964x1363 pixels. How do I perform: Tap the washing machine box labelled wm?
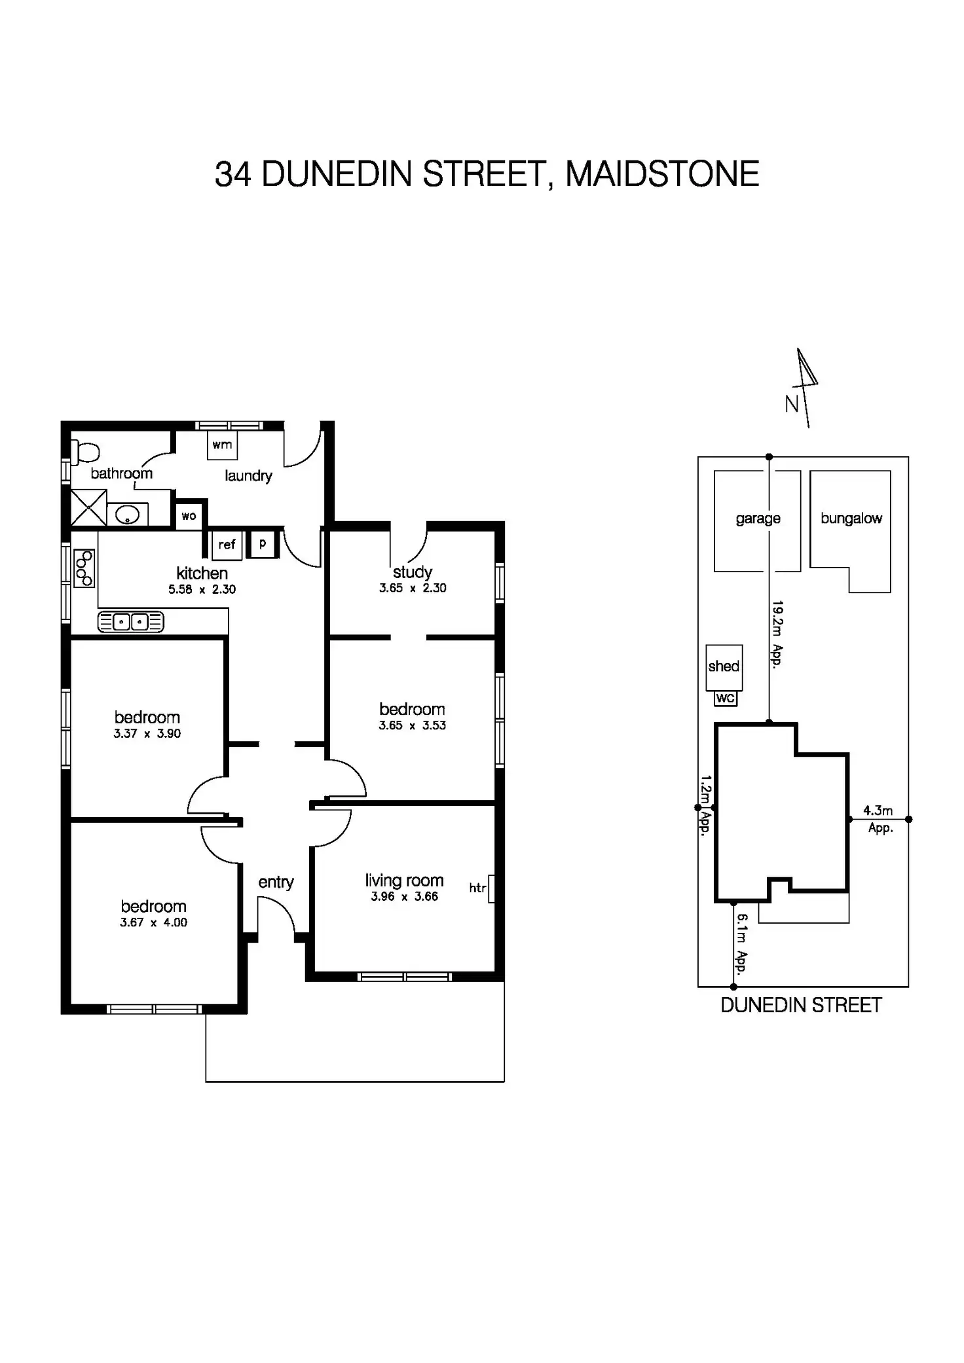(x=222, y=445)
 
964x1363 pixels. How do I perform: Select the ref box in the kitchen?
(x=227, y=545)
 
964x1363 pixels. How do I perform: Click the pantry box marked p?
(x=263, y=544)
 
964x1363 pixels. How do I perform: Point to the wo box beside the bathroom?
(x=189, y=516)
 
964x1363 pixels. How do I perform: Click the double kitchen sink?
(x=131, y=621)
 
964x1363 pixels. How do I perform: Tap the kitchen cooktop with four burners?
(x=84, y=568)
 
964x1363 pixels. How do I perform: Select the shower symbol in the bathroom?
(x=88, y=507)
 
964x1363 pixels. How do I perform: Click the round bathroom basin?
(x=127, y=515)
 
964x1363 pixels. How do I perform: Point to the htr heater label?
(x=477, y=888)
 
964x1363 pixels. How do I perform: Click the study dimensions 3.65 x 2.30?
(x=413, y=588)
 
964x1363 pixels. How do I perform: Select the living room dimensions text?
(x=404, y=897)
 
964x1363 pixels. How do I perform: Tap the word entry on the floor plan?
(x=276, y=882)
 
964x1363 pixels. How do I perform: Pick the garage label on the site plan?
(x=758, y=518)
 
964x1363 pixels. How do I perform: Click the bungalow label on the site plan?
(x=851, y=518)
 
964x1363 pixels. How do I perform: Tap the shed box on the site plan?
(x=724, y=667)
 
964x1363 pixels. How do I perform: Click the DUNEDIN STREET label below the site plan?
(x=801, y=1006)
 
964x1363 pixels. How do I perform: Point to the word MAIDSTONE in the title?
(x=662, y=174)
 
